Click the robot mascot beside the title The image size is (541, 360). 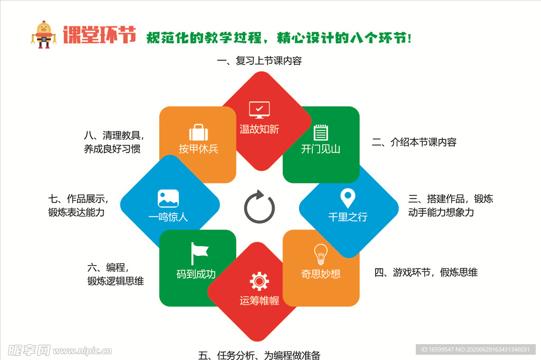[x=43, y=35]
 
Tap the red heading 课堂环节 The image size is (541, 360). [x=99, y=35]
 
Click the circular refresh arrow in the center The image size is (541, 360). [x=259, y=207]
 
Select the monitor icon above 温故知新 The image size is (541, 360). [x=259, y=110]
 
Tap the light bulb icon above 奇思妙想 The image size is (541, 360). [x=321, y=254]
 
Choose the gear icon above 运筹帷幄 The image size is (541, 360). [x=259, y=281]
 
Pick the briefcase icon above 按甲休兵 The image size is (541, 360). [x=198, y=132]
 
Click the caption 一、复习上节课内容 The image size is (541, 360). [x=259, y=61]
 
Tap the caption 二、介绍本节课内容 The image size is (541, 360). [x=414, y=142]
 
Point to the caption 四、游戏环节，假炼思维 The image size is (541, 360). [x=426, y=272]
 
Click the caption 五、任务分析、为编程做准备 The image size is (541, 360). [x=259, y=355]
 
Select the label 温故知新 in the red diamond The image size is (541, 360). [x=259, y=129]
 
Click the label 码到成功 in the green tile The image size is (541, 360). [x=196, y=274]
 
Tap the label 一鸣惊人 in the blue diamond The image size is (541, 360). [x=168, y=217]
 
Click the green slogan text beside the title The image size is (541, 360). [x=278, y=38]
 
